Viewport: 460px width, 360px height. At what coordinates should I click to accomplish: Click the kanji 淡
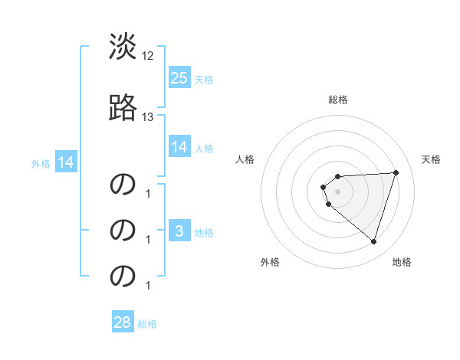click(123, 47)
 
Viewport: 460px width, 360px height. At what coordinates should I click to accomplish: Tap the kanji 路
click(123, 108)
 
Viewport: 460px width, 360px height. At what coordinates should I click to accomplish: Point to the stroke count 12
click(148, 56)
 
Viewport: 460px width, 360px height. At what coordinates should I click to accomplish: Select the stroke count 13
click(148, 117)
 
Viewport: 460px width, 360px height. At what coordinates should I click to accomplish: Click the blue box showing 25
click(179, 77)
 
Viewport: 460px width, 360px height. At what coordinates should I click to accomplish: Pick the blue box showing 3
click(179, 231)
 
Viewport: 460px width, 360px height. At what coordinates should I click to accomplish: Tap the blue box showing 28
click(123, 322)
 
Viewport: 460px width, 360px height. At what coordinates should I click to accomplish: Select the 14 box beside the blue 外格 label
click(65, 162)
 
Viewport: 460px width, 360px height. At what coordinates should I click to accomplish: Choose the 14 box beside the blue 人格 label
click(179, 147)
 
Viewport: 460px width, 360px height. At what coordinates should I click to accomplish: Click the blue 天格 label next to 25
click(204, 79)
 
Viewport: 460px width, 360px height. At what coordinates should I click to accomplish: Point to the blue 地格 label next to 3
click(204, 233)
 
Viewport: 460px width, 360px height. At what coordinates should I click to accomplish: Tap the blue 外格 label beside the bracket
click(41, 163)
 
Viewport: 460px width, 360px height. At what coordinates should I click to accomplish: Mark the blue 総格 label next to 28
click(147, 324)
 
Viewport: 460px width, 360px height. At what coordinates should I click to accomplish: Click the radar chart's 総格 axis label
click(338, 100)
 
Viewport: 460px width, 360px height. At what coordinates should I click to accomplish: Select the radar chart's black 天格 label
click(431, 159)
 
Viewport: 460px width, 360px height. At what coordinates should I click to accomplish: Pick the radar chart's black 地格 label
click(402, 262)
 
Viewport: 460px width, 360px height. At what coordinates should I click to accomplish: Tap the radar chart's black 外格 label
click(270, 262)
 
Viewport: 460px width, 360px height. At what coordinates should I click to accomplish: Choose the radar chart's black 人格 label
click(245, 159)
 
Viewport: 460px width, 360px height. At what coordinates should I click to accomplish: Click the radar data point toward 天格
click(396, 172)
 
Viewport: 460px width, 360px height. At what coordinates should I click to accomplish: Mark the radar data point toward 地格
click(373, 241)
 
